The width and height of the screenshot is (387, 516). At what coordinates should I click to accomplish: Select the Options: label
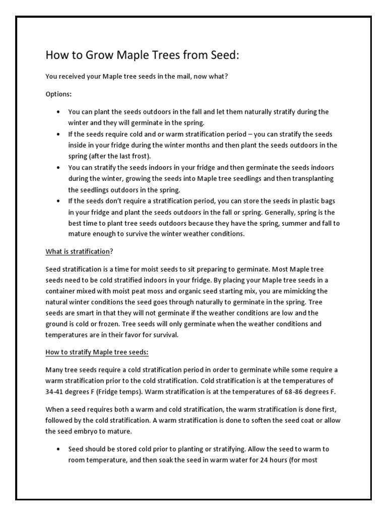point(58,94)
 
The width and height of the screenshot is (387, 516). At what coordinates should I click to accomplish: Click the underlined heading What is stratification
point(78,251)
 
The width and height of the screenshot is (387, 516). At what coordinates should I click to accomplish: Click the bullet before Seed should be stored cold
point(59,448)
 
